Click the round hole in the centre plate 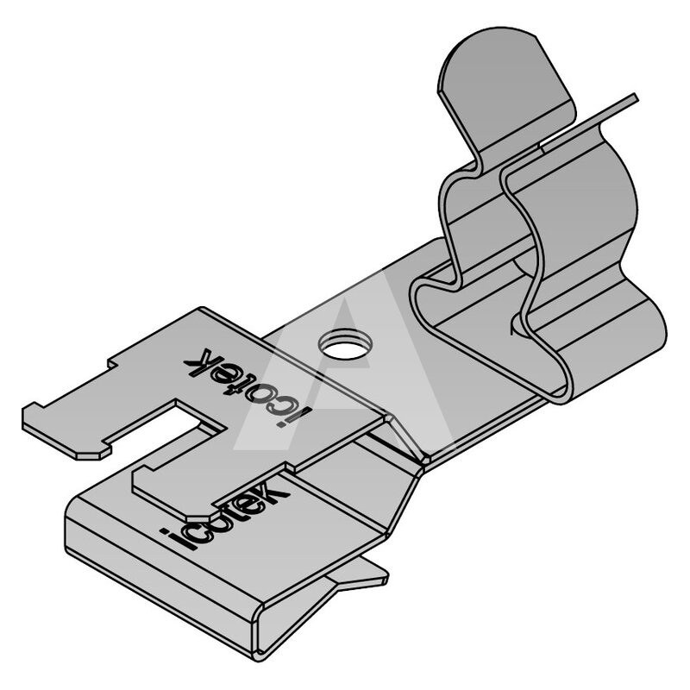(346, 343)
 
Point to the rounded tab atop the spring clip (506, 88)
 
